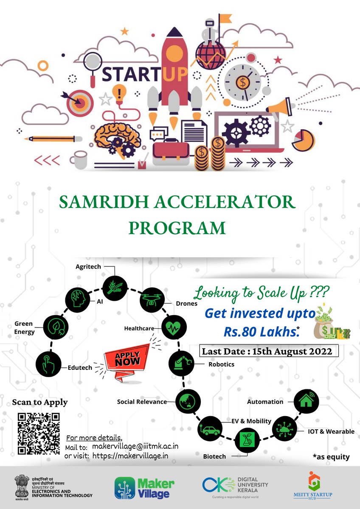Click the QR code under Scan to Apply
click(x=39, y=433)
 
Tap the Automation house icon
click(x=305, y=400)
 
